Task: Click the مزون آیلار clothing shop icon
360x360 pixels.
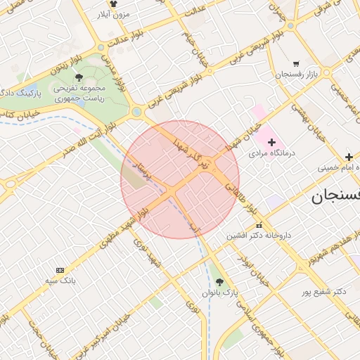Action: (x=113, y=4)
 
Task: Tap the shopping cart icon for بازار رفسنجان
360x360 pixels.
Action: (x=296, y=63)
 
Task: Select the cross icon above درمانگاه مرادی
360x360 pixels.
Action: (x=271, y=142)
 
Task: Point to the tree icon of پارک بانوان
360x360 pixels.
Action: (x=220, y=281)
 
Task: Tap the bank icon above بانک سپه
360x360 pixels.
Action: (x=59, y=270)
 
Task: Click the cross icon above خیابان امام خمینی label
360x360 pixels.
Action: (x=348, y=157)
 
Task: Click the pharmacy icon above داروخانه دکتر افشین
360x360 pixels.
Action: (x=258, y=225)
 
